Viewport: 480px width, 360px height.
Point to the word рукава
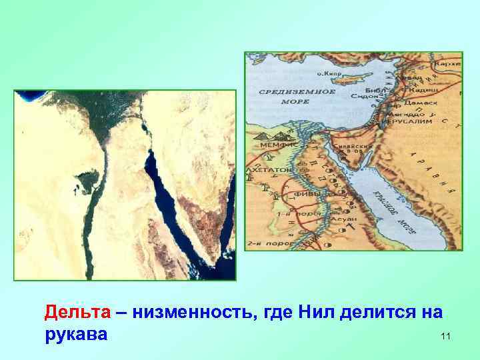point(75,333)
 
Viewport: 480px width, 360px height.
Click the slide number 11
point(445,337)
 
